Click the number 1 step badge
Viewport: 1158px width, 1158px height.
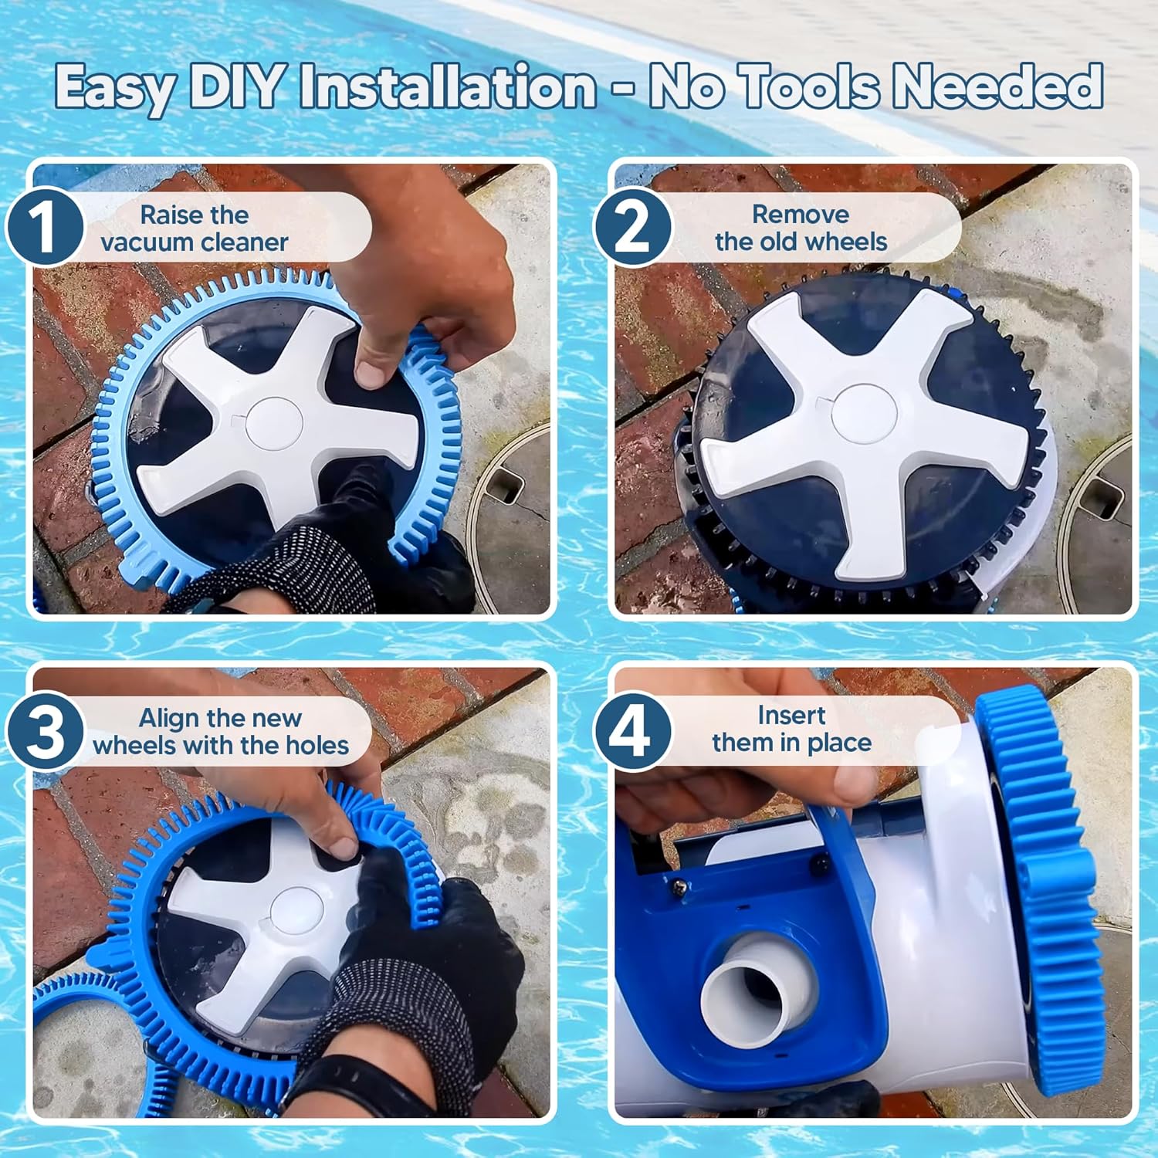click(45, 227)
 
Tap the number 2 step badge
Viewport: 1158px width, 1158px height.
click(632, 227)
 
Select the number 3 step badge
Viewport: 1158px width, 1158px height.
click(45, 730)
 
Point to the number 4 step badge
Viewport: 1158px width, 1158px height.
click(632, 730)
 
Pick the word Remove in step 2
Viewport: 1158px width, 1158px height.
click(801, 214)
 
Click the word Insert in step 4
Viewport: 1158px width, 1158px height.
click(791, 716)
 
